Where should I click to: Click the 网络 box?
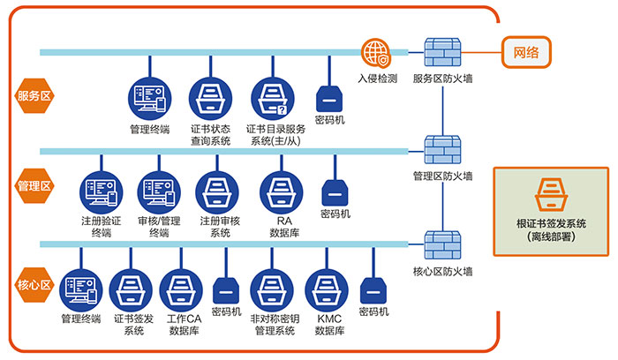tap(527, 52)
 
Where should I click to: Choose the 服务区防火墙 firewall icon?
tap(441, 53)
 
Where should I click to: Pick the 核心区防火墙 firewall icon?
tap(441, 244)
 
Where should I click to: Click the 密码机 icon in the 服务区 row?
tap(329, 96)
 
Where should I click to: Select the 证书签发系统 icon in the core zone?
tap(131, 289)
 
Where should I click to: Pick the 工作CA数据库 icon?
tap(182, 289)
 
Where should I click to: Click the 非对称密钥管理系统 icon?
tap(271, 289)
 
